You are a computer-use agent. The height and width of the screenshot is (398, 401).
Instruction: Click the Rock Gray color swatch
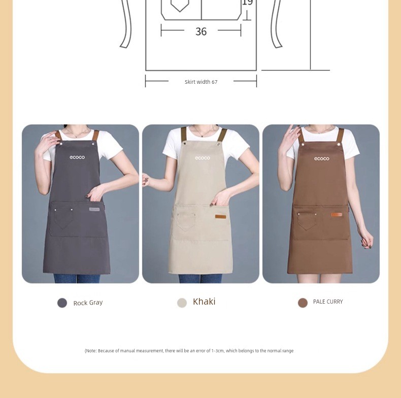[x=62, y=303]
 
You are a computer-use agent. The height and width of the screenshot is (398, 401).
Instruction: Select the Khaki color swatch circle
[x=182, y=303]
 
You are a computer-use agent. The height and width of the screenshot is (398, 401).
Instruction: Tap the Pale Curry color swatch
[x=303, y=303]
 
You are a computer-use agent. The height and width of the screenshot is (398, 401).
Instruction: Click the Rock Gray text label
[x=88, y=303]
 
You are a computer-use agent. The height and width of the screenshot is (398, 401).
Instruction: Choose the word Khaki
[x=204, y=302]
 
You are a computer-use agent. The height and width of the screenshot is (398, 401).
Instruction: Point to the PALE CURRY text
[x=328, y=302]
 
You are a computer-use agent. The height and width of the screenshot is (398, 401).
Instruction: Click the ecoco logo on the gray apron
[x=77, y=157]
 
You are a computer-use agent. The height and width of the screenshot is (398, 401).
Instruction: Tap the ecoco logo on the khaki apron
[x=203, y=158]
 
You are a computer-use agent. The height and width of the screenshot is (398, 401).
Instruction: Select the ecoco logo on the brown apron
[x=322, y=159]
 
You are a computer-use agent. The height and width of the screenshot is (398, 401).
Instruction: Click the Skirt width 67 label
[x=201, y=82]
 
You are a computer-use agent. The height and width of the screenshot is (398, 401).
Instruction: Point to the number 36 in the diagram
[x=201, y=31]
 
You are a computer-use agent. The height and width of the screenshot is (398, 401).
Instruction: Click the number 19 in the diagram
[x=247, y=3]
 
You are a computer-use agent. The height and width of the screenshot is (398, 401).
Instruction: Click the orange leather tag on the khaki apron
[x=220, y=217]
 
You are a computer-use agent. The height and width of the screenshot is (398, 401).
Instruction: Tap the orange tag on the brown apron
[x=337, y=215]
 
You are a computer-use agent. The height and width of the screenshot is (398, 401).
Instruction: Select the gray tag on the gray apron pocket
[x=94, y=209]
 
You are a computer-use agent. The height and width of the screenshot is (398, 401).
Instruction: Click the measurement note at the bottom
[x=189, y=351]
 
